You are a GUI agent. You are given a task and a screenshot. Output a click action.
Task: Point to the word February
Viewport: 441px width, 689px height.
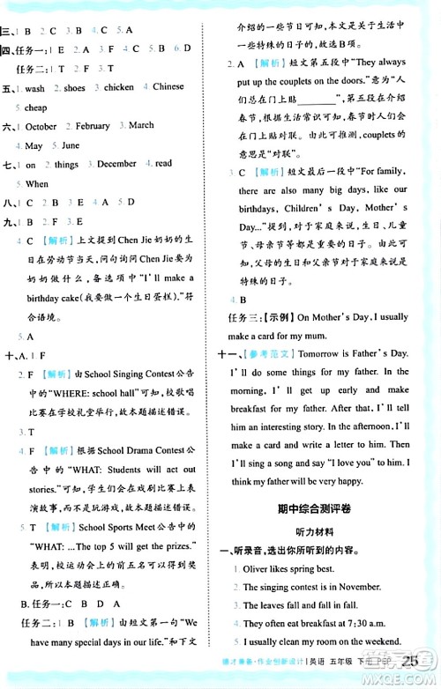93,126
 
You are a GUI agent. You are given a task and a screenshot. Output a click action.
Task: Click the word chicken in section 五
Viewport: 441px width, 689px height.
120,88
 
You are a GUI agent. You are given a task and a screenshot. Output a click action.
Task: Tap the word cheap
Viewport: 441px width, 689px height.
36,107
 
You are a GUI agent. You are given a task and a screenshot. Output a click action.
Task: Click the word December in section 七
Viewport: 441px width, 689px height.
116,164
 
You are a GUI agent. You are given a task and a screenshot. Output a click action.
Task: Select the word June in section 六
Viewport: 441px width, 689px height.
71,145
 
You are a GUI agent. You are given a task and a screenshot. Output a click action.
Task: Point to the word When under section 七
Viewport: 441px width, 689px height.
37,184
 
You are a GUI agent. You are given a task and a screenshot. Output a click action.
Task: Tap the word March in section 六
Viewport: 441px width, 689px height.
141,126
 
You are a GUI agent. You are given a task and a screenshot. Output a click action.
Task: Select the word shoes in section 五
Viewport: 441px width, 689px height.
74,88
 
